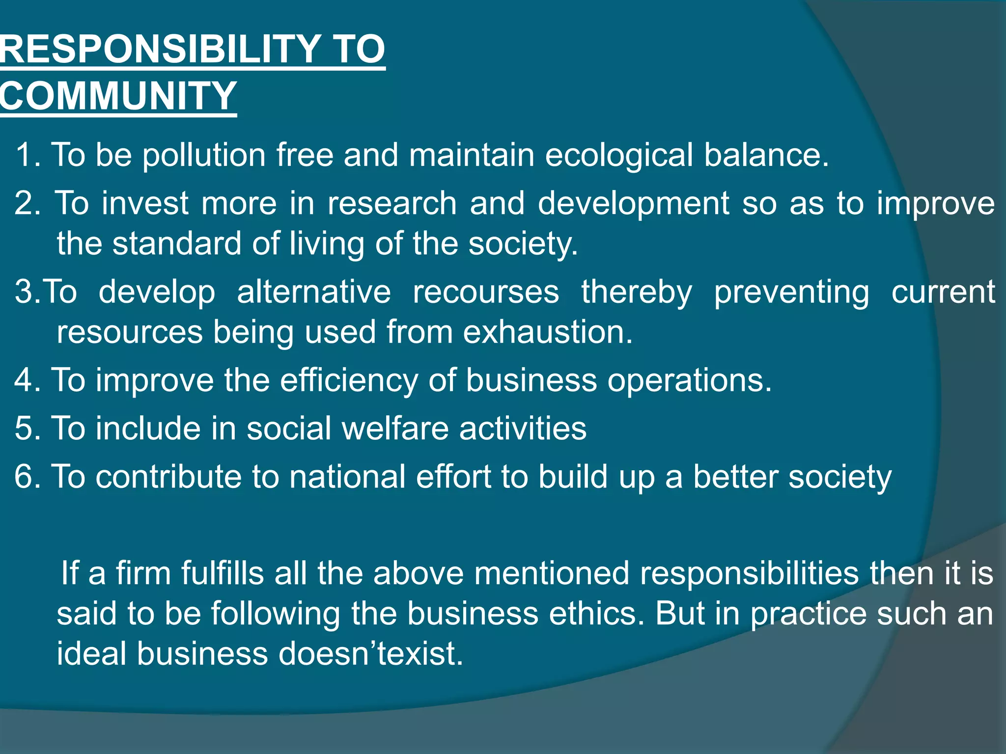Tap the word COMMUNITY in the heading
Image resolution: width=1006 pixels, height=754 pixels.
click(118, 95)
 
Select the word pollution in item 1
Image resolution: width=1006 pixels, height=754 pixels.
click(204, 155)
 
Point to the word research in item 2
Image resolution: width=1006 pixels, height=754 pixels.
click(392, 203)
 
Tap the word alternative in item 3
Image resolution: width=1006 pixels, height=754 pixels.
click(314, 292)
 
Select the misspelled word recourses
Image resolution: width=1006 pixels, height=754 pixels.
click(486, 292)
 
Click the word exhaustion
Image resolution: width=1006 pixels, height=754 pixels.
click(548, 332)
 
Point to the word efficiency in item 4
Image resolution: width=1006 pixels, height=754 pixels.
click(349, 381)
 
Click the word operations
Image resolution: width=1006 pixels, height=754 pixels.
click(690, 381)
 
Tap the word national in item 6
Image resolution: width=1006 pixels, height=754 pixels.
click(347, 477)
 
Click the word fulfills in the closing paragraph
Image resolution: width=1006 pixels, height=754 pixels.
click(223, 573)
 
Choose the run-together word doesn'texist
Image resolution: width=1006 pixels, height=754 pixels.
click(371, 654)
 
